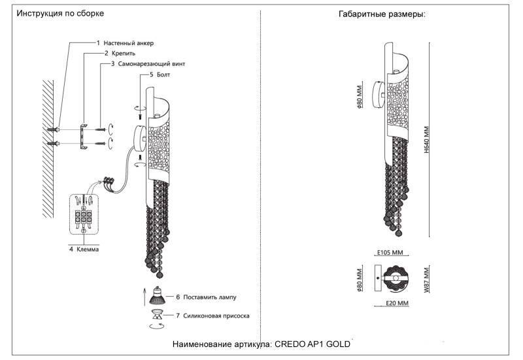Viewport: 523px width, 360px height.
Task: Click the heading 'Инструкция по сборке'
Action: (60, 14)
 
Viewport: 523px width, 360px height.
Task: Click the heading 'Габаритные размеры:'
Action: (382, 14)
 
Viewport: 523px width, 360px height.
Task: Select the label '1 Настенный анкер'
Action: (125, 42)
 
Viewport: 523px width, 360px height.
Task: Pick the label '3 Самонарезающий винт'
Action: (147, 65)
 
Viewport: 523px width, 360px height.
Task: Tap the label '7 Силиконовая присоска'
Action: (212, 316)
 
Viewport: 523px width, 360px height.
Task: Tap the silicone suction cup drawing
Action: (158, 316)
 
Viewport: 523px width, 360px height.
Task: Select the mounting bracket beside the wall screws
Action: (82, 136)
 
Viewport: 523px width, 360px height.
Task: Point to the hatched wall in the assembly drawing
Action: (46, 150)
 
